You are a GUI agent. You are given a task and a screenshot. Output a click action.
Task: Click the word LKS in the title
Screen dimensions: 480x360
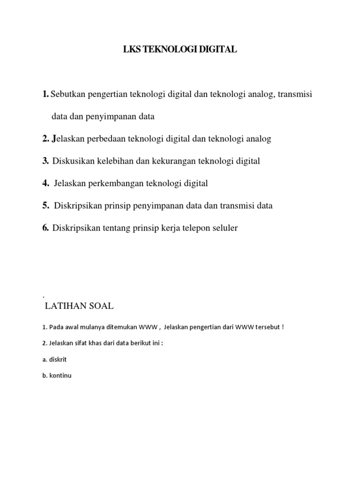[x=131, y=50]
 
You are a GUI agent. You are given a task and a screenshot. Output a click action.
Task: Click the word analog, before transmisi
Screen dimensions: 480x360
[x=261, y=94]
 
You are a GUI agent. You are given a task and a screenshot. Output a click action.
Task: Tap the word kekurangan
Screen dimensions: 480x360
[x=173, y=161]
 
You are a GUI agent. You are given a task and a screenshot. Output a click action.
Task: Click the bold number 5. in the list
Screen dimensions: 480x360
[x=45, y=205]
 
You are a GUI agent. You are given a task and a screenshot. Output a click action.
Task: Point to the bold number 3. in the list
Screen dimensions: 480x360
[x=45, y=161]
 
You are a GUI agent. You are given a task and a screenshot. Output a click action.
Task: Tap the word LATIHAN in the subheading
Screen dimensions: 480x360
[x=63, y=307]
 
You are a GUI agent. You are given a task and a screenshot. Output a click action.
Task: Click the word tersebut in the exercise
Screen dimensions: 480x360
[x=267, y=327]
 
